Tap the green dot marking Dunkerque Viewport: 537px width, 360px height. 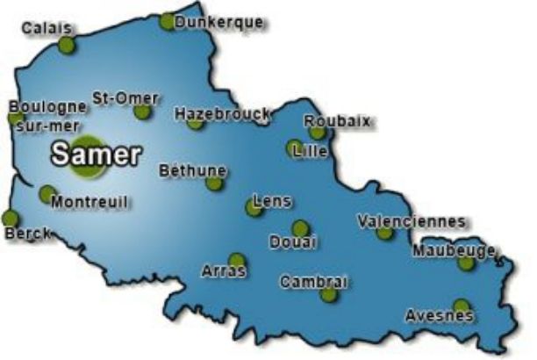(x=167, y=22)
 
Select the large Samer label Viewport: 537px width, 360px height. (x=96, y=155)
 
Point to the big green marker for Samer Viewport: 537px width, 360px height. (x=88, y=152)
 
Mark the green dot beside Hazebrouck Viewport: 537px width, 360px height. (x=195, y=123)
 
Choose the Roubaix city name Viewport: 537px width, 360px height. (x=337, y=121)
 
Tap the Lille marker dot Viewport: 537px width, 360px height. (x=295, y=148)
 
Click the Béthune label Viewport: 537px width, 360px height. (x=192, y=170)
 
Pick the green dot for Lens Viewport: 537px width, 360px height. (x=254, y=209)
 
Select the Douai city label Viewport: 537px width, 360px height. (x=293, y=241)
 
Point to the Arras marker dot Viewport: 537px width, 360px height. (x=236, y=261)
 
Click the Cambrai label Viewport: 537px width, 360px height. (x=314, y=282)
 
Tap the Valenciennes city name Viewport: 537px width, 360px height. (x=412, y=221)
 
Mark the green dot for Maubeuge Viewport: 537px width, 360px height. (x=466, y=263)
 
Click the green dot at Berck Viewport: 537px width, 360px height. (x=10, y=218)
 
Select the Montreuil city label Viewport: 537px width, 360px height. (x=89, y=202)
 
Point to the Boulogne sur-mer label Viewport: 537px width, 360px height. (x=47, y=115)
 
